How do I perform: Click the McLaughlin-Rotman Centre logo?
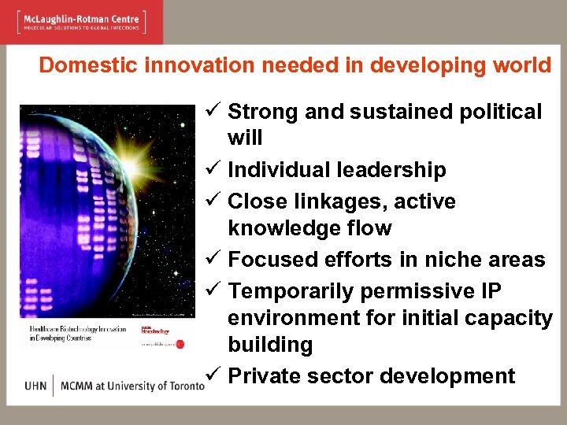point(80,21)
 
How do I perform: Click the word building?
point(270,345)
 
